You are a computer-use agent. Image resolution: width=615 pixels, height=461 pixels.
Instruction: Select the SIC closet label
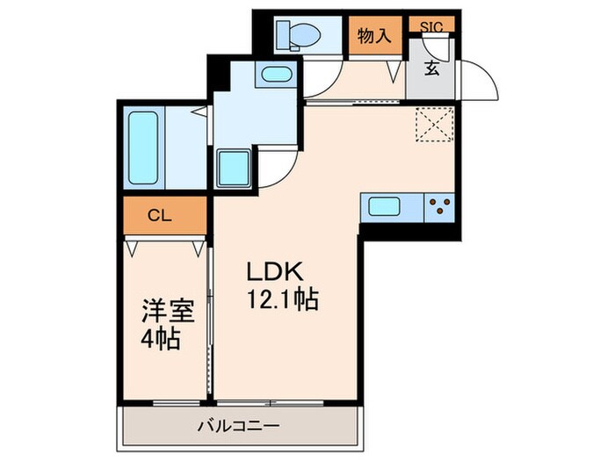(x=431, y=26)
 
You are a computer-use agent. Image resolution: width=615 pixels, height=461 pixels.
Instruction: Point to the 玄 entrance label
(x=432, y=69)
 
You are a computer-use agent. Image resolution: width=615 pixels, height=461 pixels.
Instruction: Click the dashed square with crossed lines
(x=434, y=124)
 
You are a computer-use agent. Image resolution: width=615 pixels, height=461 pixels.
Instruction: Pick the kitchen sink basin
(x=386, y=208)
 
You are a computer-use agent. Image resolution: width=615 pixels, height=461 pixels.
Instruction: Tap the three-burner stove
(x=438, y=208)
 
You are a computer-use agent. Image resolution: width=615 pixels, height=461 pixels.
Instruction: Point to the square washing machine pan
(x=233, y=166)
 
